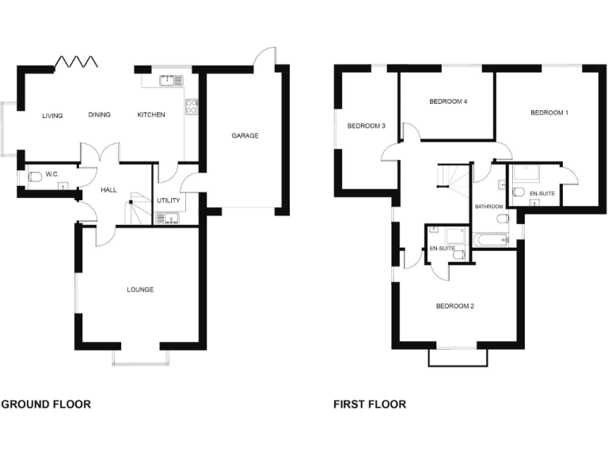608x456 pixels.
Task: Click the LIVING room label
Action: [x=52, y=116]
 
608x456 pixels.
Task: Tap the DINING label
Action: [x=99, y=116]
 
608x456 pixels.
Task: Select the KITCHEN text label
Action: [x=151, y=116]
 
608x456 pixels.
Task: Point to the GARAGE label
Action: [x=245, y=135]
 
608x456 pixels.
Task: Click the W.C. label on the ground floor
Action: [x=52, y=174]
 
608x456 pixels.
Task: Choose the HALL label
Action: [x=109, y=191]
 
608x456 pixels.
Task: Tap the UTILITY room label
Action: [x=169, y=200]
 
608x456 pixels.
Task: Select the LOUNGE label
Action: [x=140, y=290]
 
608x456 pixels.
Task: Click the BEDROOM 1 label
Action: [x=549, y=113]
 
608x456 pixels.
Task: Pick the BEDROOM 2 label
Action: [x=454, y=306]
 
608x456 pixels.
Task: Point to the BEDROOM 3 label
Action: [x=367, y=126]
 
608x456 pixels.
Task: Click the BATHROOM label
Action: [x=488, y=207]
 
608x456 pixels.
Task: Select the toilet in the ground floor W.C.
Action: [x=34, y=179]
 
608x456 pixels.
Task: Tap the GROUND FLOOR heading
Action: [x=46, y=405]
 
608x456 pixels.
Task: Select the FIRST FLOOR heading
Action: [x=370, y=405]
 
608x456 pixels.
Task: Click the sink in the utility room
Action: [x=167, y=217]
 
